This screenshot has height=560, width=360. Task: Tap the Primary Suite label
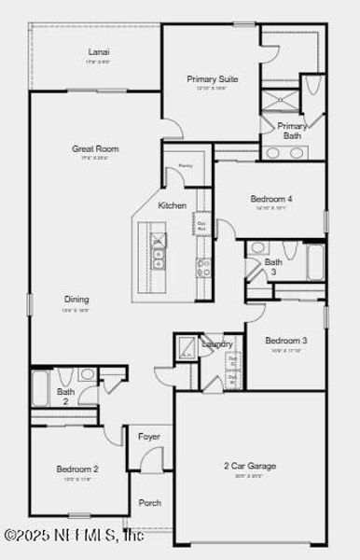point(212,79)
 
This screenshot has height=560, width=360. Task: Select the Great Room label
point(95,148)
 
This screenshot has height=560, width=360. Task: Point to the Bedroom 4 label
point(271,199)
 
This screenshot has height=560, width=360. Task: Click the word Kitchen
point(172,205)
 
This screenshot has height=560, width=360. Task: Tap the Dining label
point(77,300)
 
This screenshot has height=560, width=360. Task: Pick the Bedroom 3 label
point(285,341)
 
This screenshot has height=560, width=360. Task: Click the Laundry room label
point(217,344)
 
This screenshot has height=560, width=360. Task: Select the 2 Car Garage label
point(249,465)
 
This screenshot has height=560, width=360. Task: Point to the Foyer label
point(149,437)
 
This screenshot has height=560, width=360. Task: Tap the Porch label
point(149,503)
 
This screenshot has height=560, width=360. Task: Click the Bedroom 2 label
point(76,469)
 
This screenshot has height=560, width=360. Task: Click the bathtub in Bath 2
point(40,387)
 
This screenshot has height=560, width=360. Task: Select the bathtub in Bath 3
point(315,262)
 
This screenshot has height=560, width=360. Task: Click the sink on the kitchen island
point(158,242)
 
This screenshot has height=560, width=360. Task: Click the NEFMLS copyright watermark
point(72,535)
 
